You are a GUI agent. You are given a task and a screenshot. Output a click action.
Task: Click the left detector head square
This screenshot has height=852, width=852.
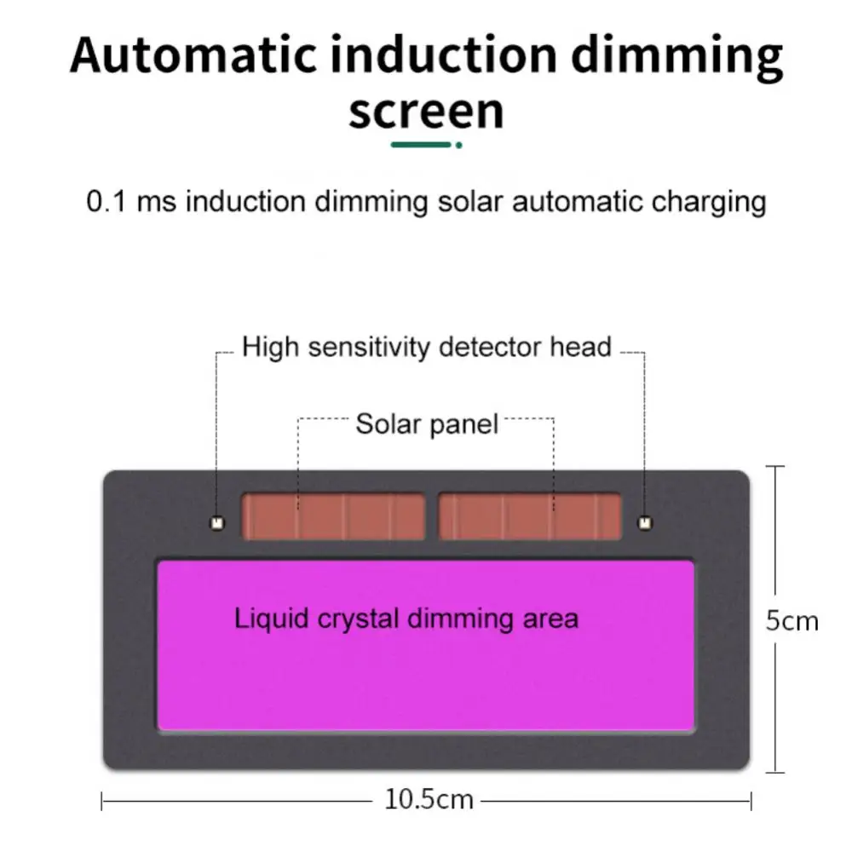coord(216,521)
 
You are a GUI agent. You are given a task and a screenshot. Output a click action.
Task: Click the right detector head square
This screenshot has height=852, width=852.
coord(644,521)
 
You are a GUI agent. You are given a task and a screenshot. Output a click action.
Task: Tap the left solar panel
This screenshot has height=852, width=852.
coord(333,517)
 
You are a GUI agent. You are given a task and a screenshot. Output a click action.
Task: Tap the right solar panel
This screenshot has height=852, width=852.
coord(530,517)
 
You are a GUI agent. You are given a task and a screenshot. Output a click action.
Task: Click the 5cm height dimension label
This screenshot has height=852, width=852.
coord(792,620)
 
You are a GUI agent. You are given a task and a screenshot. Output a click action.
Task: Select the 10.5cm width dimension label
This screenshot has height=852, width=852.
coord(429,800)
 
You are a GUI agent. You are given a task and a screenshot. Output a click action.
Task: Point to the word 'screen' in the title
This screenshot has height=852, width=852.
coord(426,112)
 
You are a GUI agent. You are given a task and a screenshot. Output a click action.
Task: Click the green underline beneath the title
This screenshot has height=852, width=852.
coord(420,145)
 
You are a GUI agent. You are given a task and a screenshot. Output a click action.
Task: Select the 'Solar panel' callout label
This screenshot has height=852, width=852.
coord(426,423)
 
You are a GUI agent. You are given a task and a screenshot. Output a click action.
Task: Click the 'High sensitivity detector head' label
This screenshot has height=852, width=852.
coord(427,348)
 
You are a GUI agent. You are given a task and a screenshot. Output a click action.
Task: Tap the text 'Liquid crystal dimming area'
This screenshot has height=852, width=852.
coord(406,618)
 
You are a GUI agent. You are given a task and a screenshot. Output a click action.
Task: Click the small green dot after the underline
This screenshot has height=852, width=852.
coord(459,145)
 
